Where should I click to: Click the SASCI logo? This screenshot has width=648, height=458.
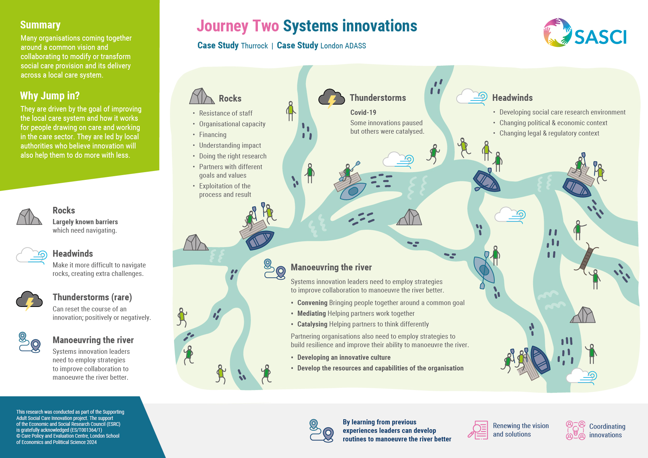(x=585, y=33)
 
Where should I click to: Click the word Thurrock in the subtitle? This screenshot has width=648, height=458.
(x=254, y=46)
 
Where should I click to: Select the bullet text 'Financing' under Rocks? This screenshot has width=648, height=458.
(x=213, y=135)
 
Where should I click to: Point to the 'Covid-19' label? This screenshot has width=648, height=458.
(x=363, y=112)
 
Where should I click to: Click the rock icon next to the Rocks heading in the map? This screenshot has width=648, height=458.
(x=202, y=96)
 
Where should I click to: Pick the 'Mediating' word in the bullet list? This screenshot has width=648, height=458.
(x=311, y=313)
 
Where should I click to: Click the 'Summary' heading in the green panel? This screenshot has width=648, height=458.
(x=40, y=25)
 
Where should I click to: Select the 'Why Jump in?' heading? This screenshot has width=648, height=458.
(x=50, y=96)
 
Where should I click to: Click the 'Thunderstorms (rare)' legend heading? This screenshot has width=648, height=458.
(x=92, y=297)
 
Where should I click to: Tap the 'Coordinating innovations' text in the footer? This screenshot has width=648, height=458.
(x=607, y=431)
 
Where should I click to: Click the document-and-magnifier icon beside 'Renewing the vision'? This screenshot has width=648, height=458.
(x=478, y=430)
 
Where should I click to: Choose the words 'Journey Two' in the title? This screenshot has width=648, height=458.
(x=238, y=26)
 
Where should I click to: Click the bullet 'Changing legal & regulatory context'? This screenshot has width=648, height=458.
(x=549, y=133)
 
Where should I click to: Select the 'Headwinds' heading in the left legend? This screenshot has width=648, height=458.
(x=73, y=254)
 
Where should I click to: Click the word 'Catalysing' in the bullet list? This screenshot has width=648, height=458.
(x=312, y=324)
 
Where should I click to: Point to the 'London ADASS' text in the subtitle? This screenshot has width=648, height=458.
(x=343, y=46)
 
